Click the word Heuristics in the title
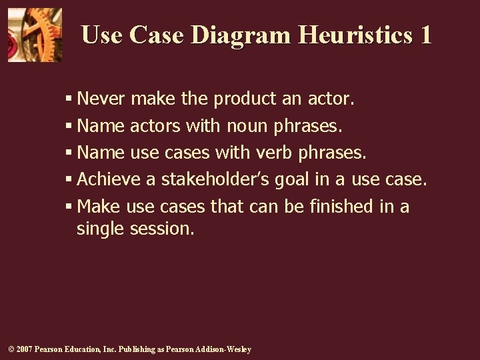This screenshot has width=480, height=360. click(353, 35)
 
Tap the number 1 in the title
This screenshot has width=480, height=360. click(425, 35)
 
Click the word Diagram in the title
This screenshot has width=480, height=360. click(240, 35)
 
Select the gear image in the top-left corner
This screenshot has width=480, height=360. click(35, 35)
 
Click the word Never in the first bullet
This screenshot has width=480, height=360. click(102, 99)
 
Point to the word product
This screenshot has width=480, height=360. click(245, 99)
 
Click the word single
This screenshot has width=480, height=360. click(102, 229)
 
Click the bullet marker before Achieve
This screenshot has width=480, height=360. click(69, 180)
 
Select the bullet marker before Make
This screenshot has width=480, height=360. click(69, 207)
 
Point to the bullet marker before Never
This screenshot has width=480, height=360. click(69, 100)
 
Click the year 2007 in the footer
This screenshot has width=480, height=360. click(23, 349)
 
